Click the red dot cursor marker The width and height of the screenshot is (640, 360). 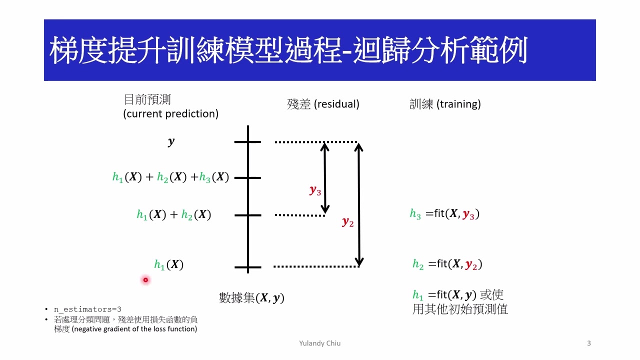(145, 280)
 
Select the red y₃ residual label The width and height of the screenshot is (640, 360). (315, 190)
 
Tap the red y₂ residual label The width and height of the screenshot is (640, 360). (347, 222)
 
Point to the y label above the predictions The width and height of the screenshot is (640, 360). (171, 142)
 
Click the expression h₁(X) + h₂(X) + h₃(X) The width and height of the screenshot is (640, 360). (170, 177)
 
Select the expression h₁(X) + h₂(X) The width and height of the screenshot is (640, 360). (173, 215)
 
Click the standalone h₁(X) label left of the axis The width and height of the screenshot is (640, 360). (168, 265)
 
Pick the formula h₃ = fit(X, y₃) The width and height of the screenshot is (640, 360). (444, 214)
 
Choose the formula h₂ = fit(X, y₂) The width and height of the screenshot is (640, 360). (447, 264)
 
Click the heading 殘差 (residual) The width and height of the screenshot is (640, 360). (323, 104)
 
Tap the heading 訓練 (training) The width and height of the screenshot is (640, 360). (445, 104)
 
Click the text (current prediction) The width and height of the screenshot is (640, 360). (170, 114)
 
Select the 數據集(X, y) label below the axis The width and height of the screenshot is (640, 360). (251, 298)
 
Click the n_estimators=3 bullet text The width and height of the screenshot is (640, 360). (87, 309)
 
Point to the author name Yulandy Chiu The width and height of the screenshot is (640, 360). (319, 343)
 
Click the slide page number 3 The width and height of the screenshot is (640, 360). (588, 343)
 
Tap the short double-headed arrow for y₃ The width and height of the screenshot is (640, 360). (325, 177)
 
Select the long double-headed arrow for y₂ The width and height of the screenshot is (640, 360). (358, 204)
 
